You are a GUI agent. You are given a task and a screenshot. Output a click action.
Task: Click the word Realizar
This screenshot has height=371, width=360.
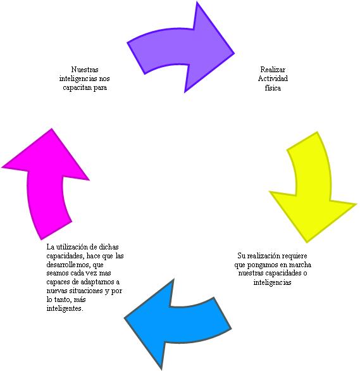point(273,70)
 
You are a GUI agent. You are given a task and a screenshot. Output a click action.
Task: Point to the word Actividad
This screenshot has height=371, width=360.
point(273,79)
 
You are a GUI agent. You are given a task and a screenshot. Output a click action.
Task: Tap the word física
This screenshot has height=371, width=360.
point(273,88)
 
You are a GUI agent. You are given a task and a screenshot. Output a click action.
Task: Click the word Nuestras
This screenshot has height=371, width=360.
point(85,70)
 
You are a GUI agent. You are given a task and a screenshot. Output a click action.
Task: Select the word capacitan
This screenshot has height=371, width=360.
point(77,87)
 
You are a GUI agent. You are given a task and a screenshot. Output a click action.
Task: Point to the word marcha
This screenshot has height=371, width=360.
point(299,265)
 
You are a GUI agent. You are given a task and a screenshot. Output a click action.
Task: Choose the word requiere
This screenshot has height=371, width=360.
point(295,256)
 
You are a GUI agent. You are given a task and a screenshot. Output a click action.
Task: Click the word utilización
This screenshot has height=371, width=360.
point(73,247)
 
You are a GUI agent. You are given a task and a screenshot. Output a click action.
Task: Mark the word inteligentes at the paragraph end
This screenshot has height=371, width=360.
point(65,308)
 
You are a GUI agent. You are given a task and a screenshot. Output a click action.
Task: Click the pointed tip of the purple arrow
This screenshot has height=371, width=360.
point(234,53)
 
